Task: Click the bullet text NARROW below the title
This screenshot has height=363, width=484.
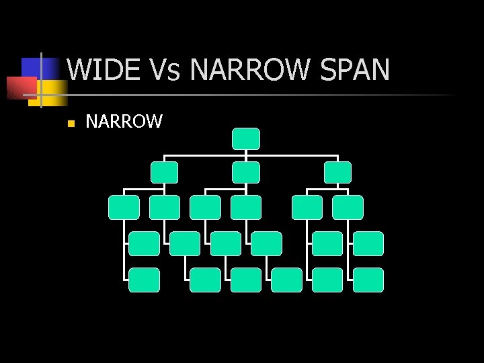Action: pyautogui.click(x=124, y=122)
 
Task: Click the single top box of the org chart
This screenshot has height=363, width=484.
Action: pyautogui.click(x=245, y=138)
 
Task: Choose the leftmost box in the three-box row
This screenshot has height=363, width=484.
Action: pyautogui.click(x=164, y=172)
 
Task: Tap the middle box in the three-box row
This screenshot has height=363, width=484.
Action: pyautogui.click(x=245, y=172)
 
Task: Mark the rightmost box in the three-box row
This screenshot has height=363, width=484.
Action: pyautogui.click(x=337, y=172)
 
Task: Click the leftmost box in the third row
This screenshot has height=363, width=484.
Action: pyautogui.click(x=124, y=208)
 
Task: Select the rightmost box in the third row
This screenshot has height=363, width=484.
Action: pyautogui.click(x=348, y=208)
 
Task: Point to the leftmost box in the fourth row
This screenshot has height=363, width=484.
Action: pyautogui.click(x=144, y=243)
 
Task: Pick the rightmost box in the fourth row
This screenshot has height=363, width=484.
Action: pyautogui.click(x=368, y=243)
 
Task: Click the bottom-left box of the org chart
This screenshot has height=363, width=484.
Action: pyautogui.click(x=144, y=280)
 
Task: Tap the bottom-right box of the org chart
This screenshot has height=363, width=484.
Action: pyautogui.click(x=368, y=280)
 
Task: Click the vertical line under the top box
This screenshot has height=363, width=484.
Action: pyautogui.click(x=246, y=153)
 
